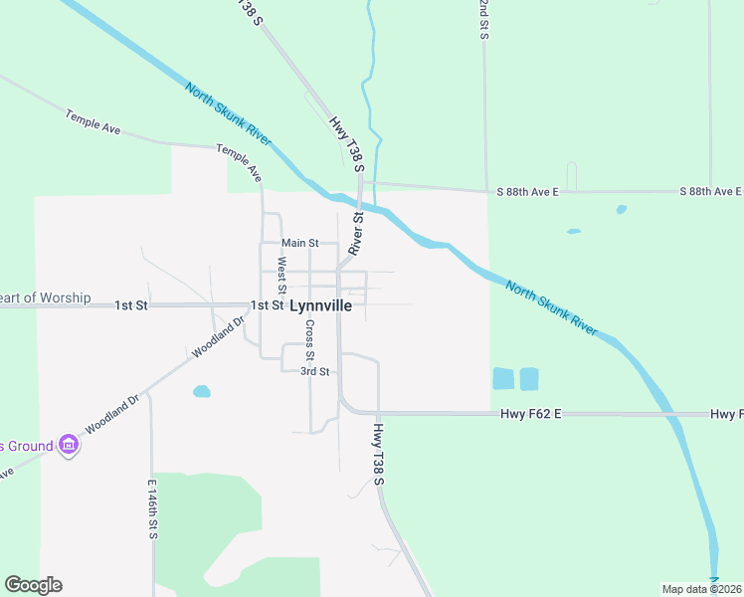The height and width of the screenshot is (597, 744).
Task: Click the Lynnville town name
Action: tap(319, 306)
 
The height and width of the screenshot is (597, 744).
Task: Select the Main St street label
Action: tap(299, 243)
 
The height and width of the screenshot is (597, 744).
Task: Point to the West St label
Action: tap(281, 275)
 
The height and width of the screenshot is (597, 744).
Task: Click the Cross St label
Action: tap(310, 340)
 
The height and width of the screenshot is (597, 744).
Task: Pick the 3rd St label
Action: tap(315, 371)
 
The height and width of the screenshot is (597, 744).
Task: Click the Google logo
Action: tap(33, 585)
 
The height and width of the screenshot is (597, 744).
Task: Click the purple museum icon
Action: tap(68, 444)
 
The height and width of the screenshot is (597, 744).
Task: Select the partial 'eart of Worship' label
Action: tap(46, 298)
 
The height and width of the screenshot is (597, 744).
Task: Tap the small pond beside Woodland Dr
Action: tap(202, 391)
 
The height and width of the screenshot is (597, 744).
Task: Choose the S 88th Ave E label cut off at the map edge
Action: tap(711, 191)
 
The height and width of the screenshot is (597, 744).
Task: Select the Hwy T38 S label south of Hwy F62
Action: tap(379, 455)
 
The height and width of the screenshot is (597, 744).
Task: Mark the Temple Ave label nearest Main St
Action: tap(241, 162)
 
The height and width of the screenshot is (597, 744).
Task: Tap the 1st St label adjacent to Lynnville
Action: tap(268, 305)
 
